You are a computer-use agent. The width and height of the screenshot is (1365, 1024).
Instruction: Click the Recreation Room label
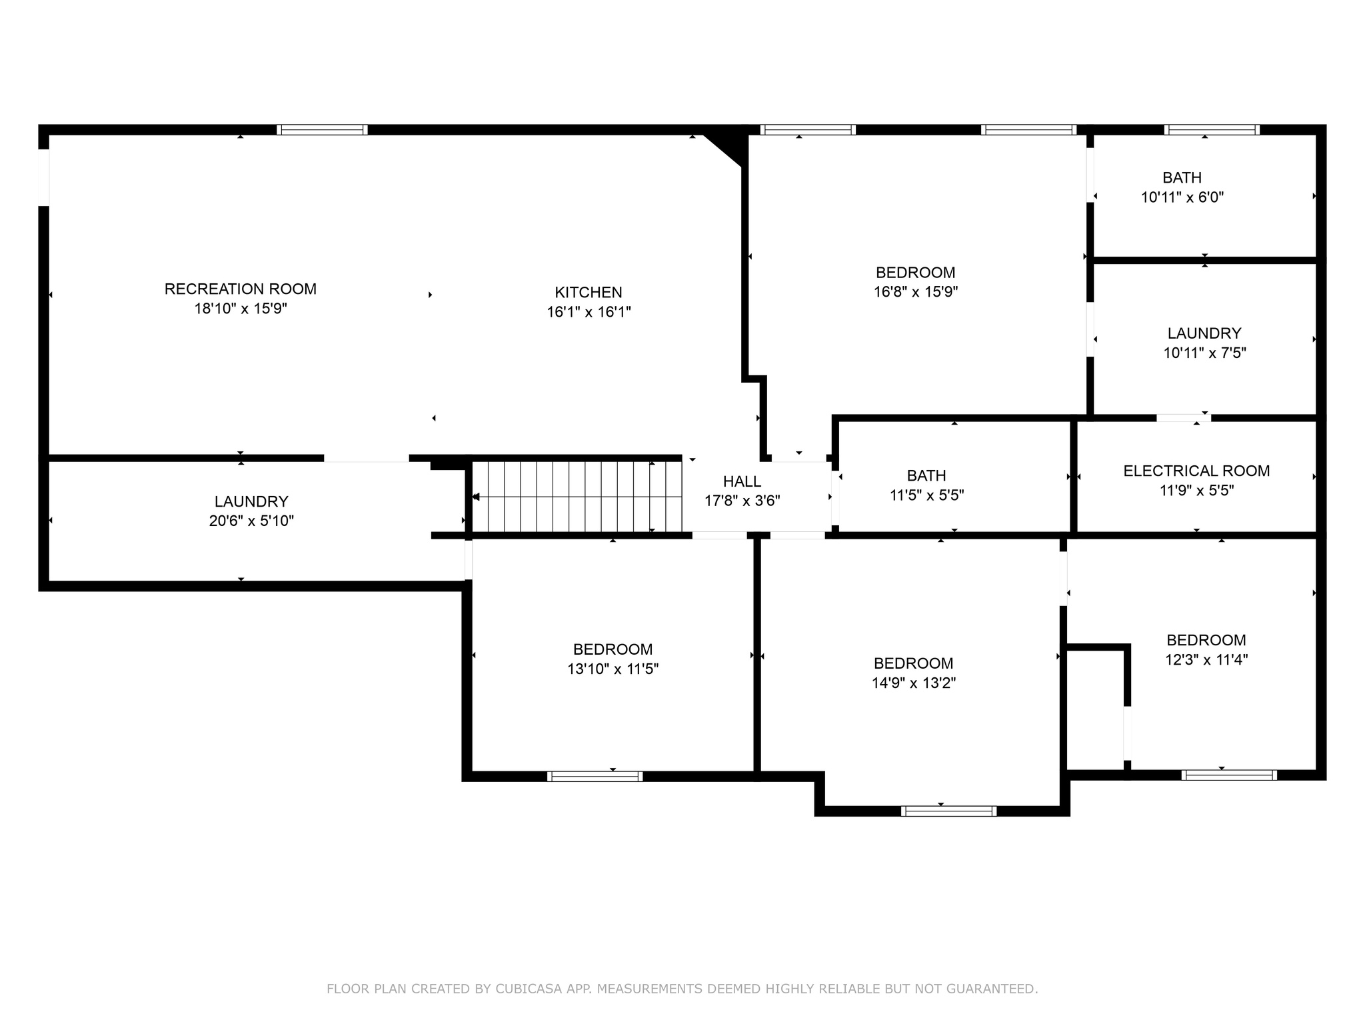coord(241,289)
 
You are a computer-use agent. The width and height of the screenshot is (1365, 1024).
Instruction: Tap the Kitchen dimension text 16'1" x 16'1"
coord(589,311)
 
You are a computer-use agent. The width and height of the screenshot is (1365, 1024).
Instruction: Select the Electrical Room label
coord(1196,471)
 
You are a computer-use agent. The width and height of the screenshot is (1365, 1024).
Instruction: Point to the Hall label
coord(742,481)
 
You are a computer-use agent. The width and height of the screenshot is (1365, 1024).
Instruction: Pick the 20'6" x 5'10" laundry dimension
coord(251,521)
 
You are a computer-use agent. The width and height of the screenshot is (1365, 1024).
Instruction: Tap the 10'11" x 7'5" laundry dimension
coord(1204,353)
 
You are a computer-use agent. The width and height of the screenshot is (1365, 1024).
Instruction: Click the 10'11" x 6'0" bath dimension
coord(1182,197)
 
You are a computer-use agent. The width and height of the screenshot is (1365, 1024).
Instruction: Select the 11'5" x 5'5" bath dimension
coord(926,495)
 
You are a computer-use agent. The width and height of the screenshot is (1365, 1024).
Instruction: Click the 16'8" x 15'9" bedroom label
coord(916,273)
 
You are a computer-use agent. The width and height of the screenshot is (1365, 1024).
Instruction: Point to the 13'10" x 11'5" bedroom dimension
coord(613,669)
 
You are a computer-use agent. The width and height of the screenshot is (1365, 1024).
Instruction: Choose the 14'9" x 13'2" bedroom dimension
coord(913,683)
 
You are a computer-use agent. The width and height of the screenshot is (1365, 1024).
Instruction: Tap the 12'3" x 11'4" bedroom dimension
coord(1206,659)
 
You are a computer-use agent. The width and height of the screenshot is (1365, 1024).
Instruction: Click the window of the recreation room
coord(322,129)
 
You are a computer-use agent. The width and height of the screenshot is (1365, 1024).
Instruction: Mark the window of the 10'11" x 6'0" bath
coord(1212,129)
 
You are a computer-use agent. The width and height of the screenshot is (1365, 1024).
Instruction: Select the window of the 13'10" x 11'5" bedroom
coord(595,776)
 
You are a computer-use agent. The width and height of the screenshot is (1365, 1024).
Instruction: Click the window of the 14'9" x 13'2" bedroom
coord(948,811)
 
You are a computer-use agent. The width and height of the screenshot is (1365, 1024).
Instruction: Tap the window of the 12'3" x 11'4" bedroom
coord(1229,775)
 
